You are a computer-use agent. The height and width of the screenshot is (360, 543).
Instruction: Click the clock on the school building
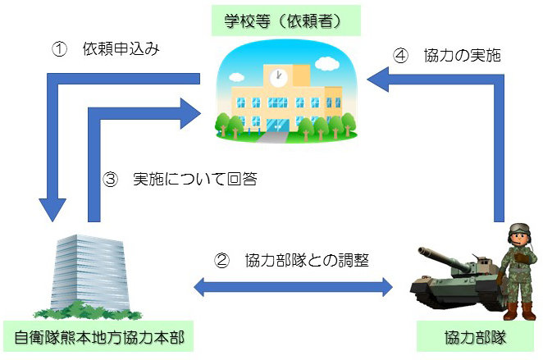(x=278, y=78)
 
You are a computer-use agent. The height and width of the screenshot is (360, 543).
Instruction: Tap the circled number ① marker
(x=59, y=49)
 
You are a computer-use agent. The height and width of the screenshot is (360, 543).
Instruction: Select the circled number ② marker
(x=221, y=260)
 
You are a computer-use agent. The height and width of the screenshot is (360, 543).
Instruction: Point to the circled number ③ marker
(x=110, y=180)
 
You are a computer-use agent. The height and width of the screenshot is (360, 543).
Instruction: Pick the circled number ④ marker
(x=400, y=56)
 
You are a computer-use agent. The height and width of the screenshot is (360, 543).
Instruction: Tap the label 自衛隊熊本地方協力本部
(x=98, y=337)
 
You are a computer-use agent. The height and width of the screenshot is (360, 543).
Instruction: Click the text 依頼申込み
(x=121, y=49)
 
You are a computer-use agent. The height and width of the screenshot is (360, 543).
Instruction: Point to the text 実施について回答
(x=195, y=180)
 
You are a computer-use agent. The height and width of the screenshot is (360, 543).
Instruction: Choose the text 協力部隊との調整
(x=307, y=260)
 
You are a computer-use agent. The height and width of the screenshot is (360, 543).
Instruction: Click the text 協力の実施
(x=463, y=56)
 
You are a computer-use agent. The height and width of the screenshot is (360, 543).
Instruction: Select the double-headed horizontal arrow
(x=293, y=287)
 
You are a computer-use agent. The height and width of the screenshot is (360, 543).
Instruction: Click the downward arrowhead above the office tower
(x=52, y=209)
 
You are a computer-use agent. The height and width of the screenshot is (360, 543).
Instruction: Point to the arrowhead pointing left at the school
(x=378, y=80)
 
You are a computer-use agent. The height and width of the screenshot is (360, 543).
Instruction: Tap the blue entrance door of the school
(x=278, y=125)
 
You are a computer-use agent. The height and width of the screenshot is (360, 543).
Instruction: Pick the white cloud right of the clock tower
(x=327, y=64)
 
